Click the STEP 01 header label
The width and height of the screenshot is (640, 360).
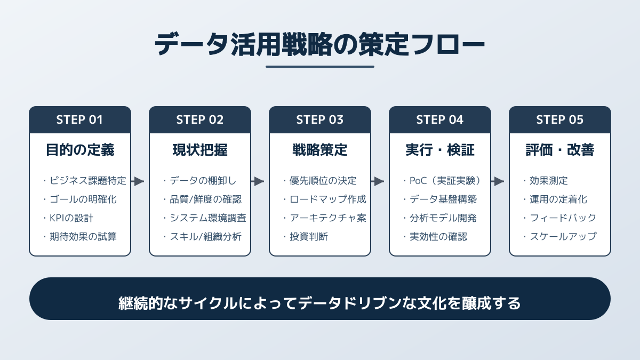coord(79,119)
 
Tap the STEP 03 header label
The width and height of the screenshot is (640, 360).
coord(319,119)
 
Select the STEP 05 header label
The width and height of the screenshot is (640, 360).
coord(559,119)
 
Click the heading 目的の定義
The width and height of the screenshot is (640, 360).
coord(79,150)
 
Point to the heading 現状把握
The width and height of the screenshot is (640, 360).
coord(199,150)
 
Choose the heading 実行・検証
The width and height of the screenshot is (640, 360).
coord(439,150)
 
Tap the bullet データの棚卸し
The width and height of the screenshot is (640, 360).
coord(202,180)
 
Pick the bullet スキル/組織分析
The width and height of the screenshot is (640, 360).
coord(205,236)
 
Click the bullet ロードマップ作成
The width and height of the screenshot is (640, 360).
coord(327,199)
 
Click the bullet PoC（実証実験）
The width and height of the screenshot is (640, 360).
coord(445,180)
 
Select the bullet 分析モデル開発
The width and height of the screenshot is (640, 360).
coord(443,218)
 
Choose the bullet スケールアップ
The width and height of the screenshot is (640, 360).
coord(563,236)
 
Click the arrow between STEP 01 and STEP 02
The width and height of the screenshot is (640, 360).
coord(138,181)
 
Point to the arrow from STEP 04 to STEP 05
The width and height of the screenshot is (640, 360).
coord(498,181)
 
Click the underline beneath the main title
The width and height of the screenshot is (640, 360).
coord(320,67)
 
